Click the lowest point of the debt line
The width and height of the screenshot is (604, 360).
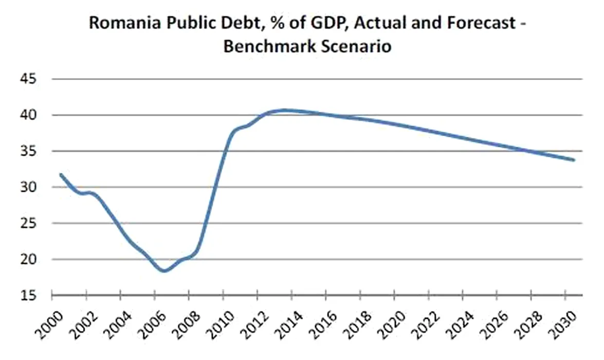pyautogui.click(x=164, y=271)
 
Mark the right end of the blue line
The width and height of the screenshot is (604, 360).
pyautogui.click(x=574, y=160)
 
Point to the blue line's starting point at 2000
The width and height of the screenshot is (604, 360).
pyautogui.click(x=61, y=175)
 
